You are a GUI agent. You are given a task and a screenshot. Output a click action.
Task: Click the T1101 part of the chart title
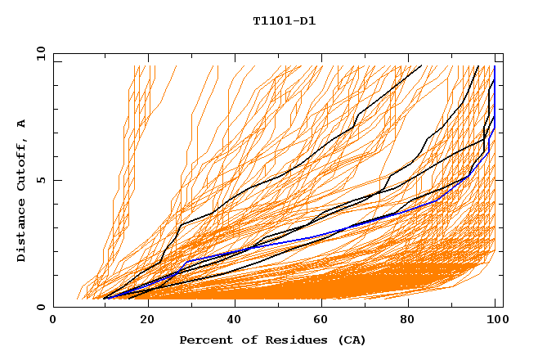point(269,21)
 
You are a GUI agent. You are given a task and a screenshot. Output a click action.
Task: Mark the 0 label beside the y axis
point(41,308)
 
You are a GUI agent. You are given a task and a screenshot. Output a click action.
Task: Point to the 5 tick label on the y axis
point(41,180)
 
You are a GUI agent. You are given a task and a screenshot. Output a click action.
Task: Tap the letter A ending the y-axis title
point(22,124)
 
